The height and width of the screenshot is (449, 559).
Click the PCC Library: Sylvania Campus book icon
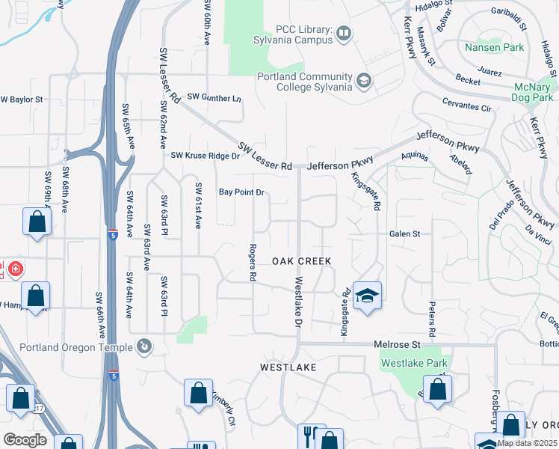coord(344,32)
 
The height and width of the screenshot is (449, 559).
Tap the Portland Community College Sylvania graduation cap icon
coord(364,81)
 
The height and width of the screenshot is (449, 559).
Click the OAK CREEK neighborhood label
coord(301,260)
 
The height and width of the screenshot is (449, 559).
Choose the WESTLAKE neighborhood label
coord(288,367)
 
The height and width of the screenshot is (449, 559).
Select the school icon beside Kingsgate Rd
coord(367,297)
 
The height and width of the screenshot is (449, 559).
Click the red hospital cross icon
coord(16,269)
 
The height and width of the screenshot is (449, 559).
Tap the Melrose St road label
coord(397,344)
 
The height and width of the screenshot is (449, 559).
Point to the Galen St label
coord(404,233)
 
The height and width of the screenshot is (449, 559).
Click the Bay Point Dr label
coord(241,192)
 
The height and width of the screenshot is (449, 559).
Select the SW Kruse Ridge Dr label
coord(205,156)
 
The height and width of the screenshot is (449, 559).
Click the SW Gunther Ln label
coord(214,97)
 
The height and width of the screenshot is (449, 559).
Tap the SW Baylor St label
coord(22,99)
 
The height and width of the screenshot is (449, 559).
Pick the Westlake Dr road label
coord(298,304)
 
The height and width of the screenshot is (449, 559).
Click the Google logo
coord(25,440)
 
